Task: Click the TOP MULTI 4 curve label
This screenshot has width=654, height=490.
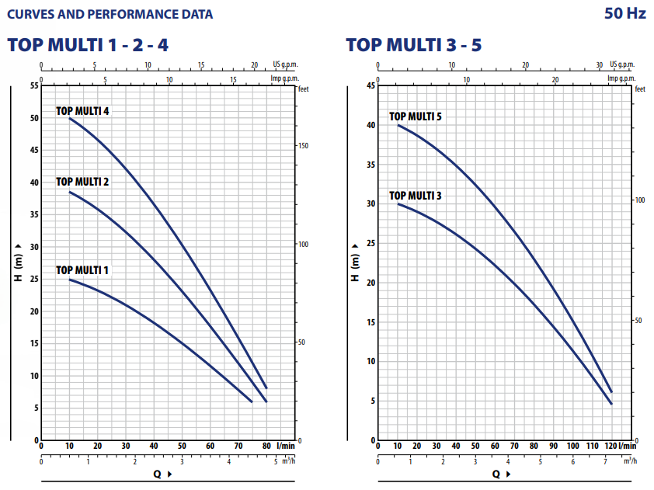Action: [82, 111]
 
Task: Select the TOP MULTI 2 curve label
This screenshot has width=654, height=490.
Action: [82, 182]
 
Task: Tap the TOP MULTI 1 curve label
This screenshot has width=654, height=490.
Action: [82, 270]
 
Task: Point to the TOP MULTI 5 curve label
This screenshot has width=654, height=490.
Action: [416, 116]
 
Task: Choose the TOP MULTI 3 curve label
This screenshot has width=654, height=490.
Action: [416, 196]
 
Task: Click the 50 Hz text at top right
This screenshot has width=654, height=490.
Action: [624, 14]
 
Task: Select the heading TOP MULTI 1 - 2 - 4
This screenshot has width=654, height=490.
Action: [88, 45]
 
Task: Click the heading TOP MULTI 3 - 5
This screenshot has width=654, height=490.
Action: [414, 45]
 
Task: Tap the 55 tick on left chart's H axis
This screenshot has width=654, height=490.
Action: [34, 85]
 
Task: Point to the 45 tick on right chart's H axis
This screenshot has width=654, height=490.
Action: [370, 85]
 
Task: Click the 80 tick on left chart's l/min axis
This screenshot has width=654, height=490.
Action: [266, 446]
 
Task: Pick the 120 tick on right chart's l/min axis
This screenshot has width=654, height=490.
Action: [611, 446]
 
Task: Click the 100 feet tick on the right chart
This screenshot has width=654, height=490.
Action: [640, 200]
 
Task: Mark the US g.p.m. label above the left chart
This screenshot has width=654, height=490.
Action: [285, 64]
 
